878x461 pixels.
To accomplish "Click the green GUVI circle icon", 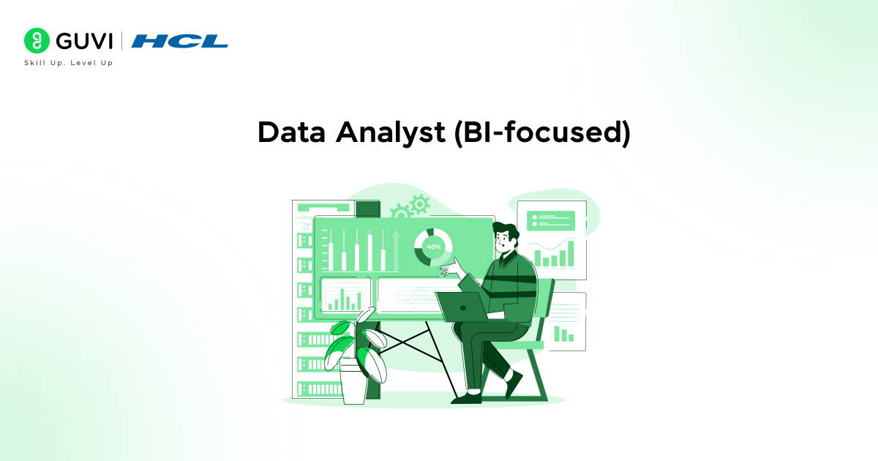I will [36, 41].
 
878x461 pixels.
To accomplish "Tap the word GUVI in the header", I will [82, 41].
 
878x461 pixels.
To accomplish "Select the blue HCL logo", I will [179, 41].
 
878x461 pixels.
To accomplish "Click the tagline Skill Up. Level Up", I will [68, 63].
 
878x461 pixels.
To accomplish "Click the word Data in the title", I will [291, 132].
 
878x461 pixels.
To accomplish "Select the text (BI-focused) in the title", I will [541, 132].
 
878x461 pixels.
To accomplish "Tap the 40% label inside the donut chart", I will [433, 247].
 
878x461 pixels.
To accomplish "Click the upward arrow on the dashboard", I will [396, 249].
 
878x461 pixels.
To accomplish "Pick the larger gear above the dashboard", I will [419, 204].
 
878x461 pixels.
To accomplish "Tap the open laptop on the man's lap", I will [463, 306].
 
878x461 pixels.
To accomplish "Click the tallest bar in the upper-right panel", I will [571, 253].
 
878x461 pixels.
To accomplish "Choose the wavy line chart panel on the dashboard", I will [410, 294].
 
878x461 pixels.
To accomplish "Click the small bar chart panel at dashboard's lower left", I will [345, 294].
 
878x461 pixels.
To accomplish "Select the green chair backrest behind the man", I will [543, 307].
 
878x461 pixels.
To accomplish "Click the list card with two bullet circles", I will [551, 220].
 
